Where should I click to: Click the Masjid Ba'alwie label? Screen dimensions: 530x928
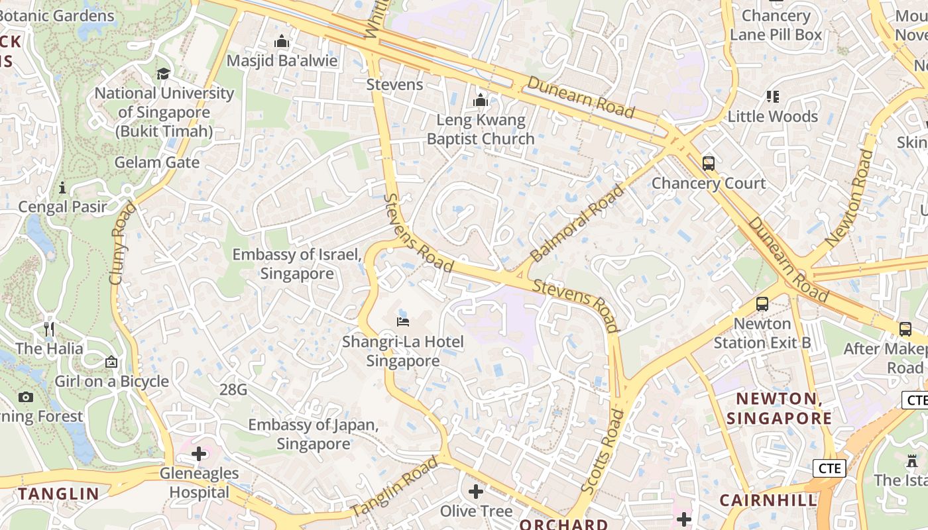(282, 61)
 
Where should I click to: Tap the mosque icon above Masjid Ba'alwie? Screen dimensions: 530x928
(282, 42)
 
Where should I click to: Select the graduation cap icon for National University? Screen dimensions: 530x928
(163, 74)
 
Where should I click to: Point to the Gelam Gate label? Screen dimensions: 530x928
(157, 162)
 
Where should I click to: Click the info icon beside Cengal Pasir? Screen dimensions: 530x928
(62, 187)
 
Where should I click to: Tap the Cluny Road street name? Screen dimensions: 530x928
(122, 243)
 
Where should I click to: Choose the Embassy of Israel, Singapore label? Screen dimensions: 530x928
(296, 264)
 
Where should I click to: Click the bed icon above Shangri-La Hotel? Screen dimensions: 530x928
(403, 322)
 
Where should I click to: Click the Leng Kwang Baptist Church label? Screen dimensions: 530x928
(481, 129)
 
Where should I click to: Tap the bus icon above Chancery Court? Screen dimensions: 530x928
(709, 163)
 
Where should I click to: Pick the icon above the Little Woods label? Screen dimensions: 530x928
(772, 97)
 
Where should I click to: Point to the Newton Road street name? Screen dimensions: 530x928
(849, 199)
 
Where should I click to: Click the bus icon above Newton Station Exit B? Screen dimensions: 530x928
(762, 304)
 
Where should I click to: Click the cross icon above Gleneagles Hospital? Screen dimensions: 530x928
(198, 454)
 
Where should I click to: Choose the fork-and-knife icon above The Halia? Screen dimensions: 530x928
(49, 329)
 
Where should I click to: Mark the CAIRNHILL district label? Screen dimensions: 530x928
(768, 500)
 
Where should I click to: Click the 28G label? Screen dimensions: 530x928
(233, 390)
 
